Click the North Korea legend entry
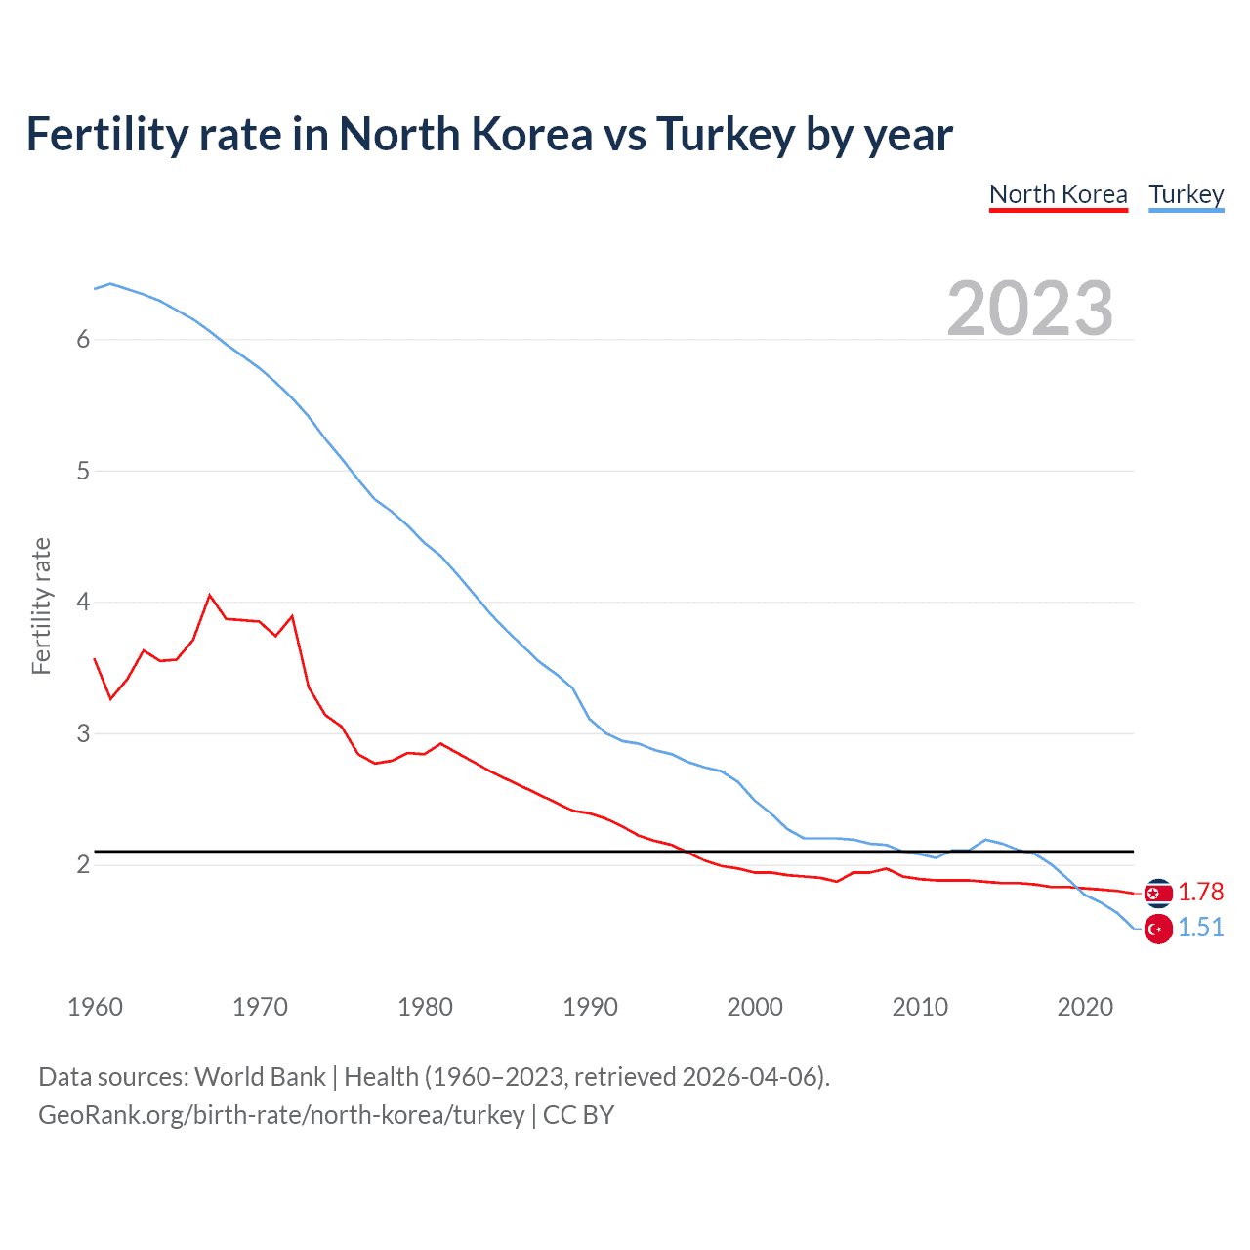pos(1058,194)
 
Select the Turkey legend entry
pos(1186,194)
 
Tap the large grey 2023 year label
pos(1029,309)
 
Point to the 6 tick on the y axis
pos(83,339)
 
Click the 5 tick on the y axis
pos(83,471)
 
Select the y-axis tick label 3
pos(83,733)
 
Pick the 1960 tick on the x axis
pos(95,1007)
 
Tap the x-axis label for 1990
pos(590,1007)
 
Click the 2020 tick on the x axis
pos(1085,1007)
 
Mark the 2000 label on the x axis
pos(755,1007)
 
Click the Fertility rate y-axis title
pos(41,605)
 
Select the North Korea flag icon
pos(1158,893)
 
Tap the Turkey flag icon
pos(1158,929)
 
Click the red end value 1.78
pos(1200,892)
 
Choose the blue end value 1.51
pos(1200,927)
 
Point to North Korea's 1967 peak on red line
pos(210,595)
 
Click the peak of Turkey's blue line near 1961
pos(110,283)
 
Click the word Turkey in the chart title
pos(725,135)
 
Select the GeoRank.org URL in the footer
pos(281,1115)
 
